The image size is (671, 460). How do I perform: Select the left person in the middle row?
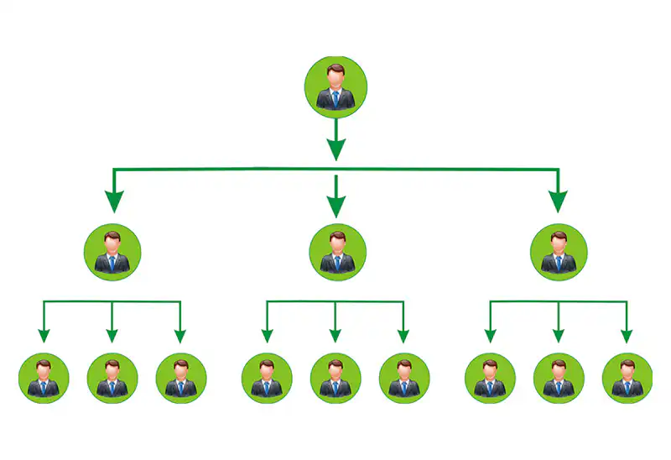(112, 252)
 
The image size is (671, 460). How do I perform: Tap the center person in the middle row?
(336, 252)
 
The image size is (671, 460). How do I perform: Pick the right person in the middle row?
(559, 252)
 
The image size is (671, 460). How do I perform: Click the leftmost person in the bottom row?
(44, 379)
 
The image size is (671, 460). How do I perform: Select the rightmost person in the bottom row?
(627, 379)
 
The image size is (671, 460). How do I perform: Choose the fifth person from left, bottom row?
(335, 379)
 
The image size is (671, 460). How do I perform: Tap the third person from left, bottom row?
(181, 379)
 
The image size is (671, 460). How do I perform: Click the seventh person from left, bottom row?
(490, 379)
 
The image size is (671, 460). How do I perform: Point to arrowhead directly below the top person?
(335, 149)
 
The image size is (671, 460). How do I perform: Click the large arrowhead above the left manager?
(114, 201)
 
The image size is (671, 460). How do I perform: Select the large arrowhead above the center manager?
(336, 206)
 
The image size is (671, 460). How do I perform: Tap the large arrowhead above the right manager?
(558, 201)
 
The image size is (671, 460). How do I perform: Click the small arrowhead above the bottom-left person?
(44, 337)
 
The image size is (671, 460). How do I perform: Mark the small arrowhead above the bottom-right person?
(627, 337)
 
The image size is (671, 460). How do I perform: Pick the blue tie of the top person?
(335, 99)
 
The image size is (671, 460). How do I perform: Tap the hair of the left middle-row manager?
(112, 236)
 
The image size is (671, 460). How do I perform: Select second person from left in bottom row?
(112, 379)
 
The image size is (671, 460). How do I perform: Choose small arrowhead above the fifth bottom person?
(335, 337)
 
